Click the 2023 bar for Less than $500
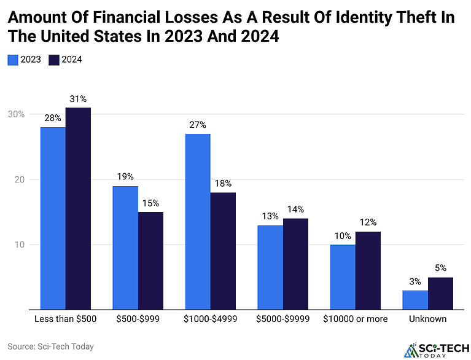53,218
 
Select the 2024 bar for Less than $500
78,209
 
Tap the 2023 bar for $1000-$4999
198,221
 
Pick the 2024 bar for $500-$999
150,260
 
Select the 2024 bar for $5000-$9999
295,264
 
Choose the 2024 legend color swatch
53,60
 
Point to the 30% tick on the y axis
17,114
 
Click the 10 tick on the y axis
20,245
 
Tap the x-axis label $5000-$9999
283,319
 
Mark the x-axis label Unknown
428,319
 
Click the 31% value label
78,98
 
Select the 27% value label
198,124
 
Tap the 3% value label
416,281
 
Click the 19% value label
126,176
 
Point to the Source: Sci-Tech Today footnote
51,346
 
